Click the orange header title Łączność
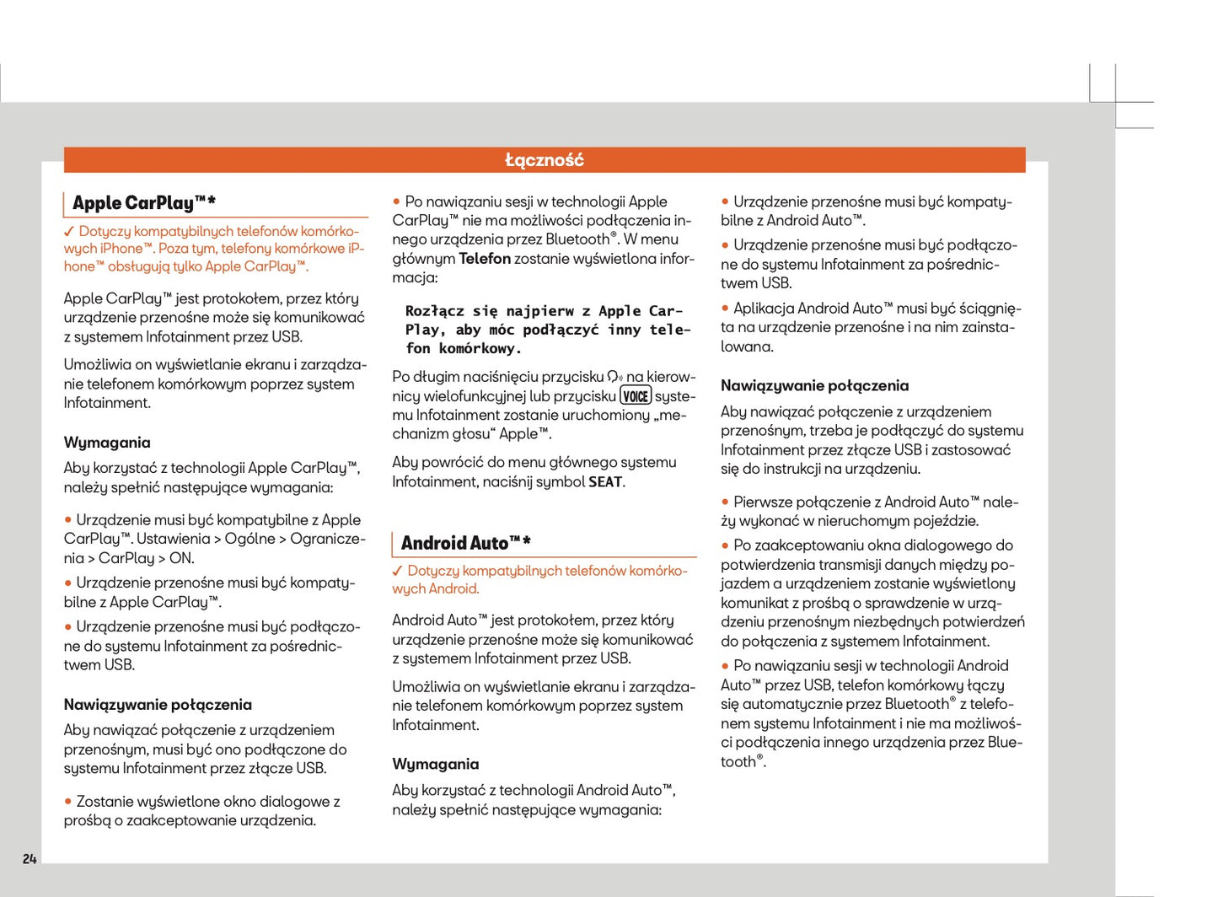(x=544, y=160)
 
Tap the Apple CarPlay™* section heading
(x=143, y=203)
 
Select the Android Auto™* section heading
(x=465, y=543)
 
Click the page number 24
(x=30, y=858)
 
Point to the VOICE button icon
(x=636, y=396)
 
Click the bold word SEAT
(x=605, y=482)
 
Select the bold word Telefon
(x=484, y=259)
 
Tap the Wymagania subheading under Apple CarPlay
(x=107, y=443)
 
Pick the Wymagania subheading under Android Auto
(x=435, y=765)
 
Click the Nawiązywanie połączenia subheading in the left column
(x=158, y=705)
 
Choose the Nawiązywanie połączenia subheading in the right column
(x=814, y=386)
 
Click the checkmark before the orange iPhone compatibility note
(x=69, y=231)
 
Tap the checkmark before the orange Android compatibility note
(x=398, y=571)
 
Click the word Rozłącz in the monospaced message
(x=434, y=311)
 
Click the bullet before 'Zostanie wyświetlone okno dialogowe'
(x=68, y=802)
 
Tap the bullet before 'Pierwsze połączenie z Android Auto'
(x=725, y=502)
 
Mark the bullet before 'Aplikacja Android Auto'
(x=725, y=309)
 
